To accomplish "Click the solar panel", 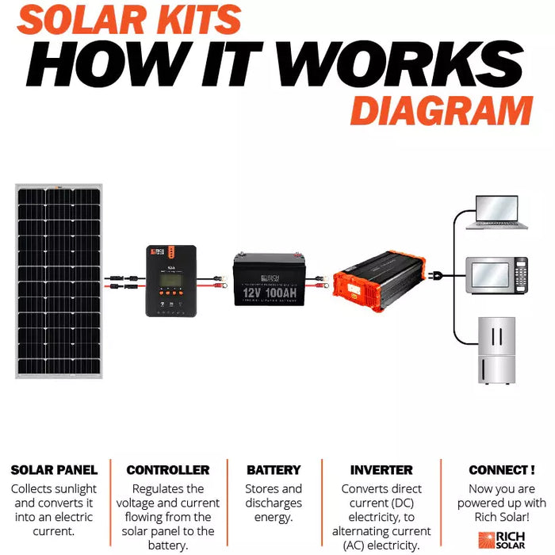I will coord(59,281).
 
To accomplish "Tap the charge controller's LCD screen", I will coord(170,281).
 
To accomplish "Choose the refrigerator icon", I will coord(496,350).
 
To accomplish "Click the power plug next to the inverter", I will coord(435,277).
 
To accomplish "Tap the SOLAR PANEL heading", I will coord(54,470).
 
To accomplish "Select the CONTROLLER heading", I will coord(168,470).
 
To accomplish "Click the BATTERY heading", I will coord(274,470).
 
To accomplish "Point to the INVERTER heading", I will coord(381,470).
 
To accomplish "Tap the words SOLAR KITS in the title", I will coord(128,19).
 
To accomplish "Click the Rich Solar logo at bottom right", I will coord(499,539).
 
